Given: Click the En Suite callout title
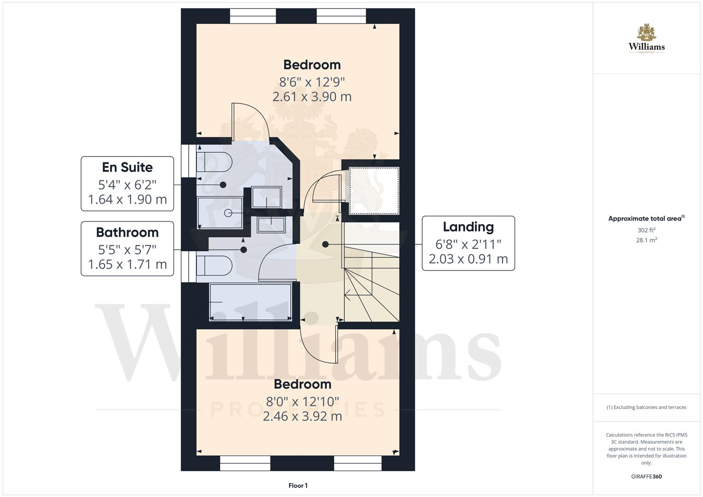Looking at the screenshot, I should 127,167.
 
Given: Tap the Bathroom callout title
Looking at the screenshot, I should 127,232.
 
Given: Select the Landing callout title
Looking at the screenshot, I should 468,227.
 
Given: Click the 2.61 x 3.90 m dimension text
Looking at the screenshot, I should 312,97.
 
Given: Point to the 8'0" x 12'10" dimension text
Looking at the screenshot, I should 302,402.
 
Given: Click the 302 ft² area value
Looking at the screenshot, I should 646,230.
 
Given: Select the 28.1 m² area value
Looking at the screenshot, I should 646,240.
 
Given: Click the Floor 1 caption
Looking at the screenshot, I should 298,485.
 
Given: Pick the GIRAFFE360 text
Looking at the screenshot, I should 646,477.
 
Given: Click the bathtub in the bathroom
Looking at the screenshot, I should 250,302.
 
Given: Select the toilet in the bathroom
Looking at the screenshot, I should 214,266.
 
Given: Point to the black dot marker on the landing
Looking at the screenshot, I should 325,244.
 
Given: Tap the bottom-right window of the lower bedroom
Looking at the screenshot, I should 358,463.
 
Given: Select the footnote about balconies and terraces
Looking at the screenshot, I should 646,407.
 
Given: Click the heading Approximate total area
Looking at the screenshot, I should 646,219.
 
